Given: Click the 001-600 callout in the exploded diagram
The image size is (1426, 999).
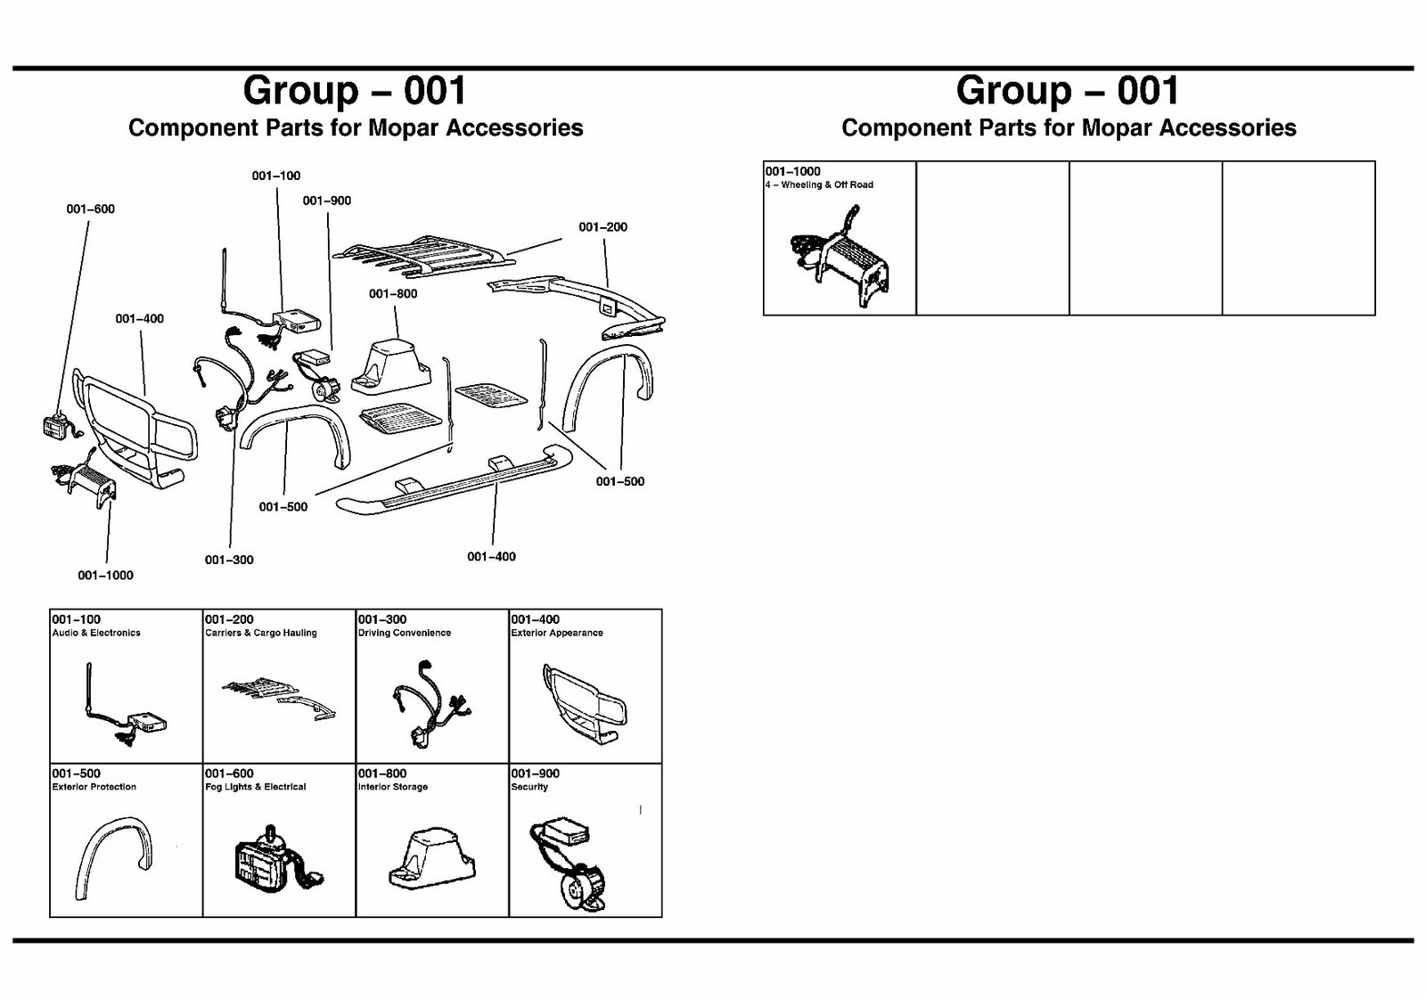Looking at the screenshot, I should pyautogui.click(x=90, y=209).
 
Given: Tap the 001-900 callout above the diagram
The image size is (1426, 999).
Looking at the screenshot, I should pyautogui.click(x=327, y=201).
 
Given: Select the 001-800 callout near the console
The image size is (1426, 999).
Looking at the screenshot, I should pyautogui.click(x=393, y=294).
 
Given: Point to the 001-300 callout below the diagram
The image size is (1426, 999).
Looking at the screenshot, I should pyautogui.click(x=229, y=560).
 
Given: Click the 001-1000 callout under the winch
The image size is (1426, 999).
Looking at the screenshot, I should pyautogui.click(x=105, y=575).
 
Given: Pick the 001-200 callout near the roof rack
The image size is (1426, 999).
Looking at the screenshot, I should pyautogui.click(x=602, y=227).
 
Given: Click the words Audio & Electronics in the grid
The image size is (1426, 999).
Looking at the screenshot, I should pyautogui.click(x=96, y=633).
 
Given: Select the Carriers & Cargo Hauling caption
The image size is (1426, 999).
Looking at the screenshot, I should pyautogui.click(x=261, y=633).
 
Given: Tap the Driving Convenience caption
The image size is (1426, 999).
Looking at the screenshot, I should pyautogui.click(x=404, y=633).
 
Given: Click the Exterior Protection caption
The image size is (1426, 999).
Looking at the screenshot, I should pyautogui.click(x=94, y=787).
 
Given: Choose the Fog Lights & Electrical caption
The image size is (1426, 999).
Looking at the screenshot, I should pyautogui.click(x=255, y=787).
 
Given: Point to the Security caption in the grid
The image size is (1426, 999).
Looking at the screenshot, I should pyautogui.click(x=529, y=787).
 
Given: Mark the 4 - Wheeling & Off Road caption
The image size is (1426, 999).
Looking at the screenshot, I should pyautogui.click(x=819, y=184).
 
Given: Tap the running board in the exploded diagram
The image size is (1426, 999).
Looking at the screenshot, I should pyautogui.click(x=455, y=486).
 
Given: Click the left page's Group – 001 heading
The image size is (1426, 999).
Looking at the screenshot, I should pyautogui.click(x=355, y=90).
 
